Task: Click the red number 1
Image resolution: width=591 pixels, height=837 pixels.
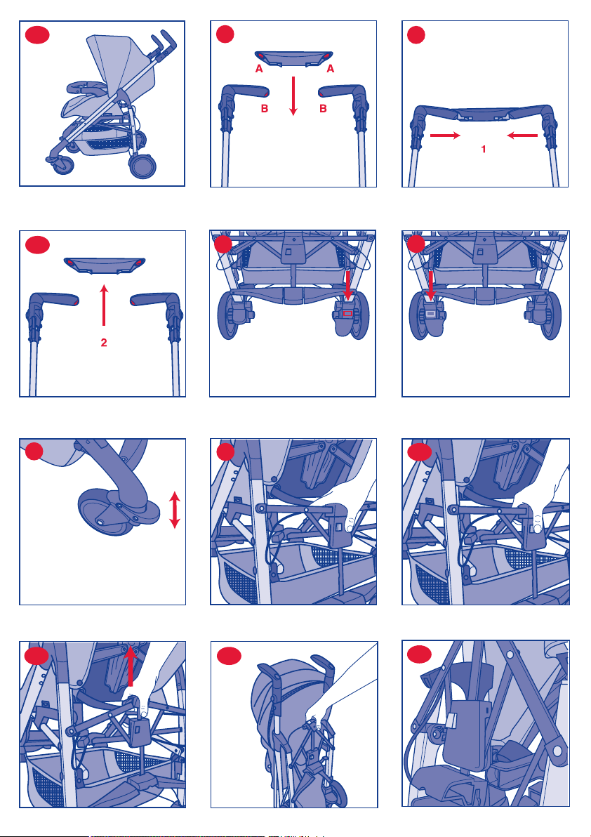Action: (x=483, y=150)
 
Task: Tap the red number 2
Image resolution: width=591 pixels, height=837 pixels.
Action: (x=104, y=343)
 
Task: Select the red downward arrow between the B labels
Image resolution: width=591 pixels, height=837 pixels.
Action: (x=293, y=96)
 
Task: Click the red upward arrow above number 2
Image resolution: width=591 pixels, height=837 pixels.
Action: (x=104, y=305)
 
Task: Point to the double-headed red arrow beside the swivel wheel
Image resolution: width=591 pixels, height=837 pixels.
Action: (x=174, y=510)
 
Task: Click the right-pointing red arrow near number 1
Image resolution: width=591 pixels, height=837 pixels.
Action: (x=445, y=136)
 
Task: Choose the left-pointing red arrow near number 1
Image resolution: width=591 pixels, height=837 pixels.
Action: (x=522, y=136)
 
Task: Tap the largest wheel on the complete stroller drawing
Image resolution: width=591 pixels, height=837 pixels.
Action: (x=143, y=165)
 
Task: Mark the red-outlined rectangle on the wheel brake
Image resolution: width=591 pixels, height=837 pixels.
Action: (x=347, y=313)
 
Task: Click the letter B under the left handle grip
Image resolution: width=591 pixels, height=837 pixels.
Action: (x=264, y=109)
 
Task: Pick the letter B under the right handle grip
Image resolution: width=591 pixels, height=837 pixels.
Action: (x=322, y=109)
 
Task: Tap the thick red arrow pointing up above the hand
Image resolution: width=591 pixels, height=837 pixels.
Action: (x=130, y=665)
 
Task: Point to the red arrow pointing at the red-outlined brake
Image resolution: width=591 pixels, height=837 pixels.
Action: (x=347, y=286)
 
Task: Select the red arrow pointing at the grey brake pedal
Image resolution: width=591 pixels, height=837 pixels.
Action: (x=431, y=286)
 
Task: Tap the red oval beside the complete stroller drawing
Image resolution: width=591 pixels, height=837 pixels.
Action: (x=36, y=35)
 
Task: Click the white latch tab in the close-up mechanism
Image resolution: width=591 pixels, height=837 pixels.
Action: (x=449, y=722)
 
